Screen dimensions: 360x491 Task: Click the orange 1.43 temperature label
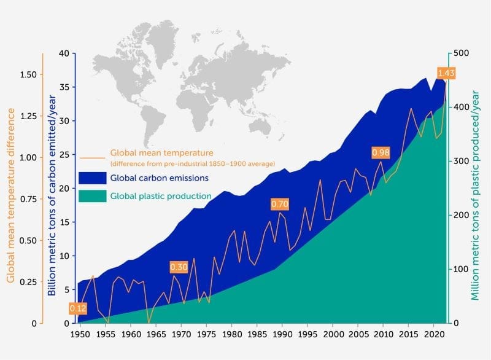(x=446, y=73)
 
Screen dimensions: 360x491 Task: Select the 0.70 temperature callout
(x=279, y=203)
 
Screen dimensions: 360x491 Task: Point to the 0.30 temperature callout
(x=179, y=267)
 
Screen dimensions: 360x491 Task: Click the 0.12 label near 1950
(x=78, y=308)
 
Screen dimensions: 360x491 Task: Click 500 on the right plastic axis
(x=461, y=53)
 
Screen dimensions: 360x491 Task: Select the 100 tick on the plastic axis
(x=461, y=269)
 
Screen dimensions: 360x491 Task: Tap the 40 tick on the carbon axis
(x=64, y=53)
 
